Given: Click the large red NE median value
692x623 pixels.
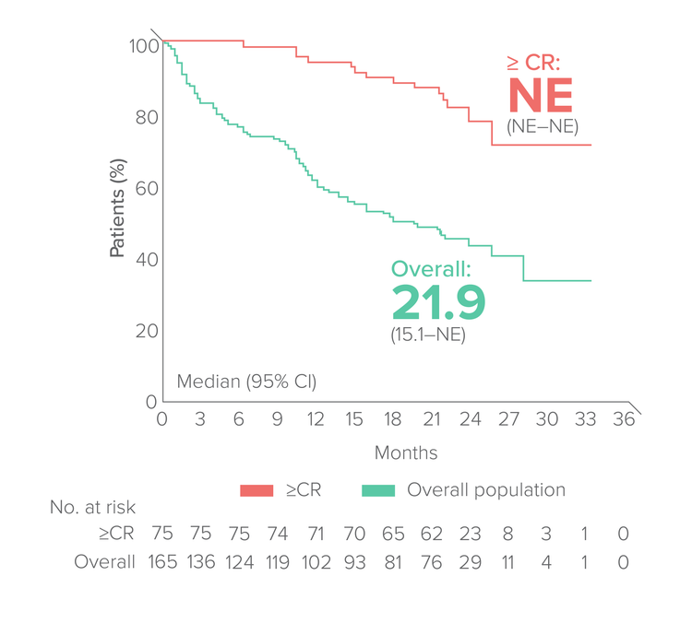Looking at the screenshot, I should click(x=541, y=96).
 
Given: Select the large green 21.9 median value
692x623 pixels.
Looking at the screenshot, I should click(x=437, y=301).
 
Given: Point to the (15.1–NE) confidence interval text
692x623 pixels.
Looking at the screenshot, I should click(x=428, y=335).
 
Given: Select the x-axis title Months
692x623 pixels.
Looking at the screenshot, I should click(x=406, y=453).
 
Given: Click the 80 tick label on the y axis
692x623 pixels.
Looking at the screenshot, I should click(x=144, y=117).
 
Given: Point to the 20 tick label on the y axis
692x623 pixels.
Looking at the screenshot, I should click(x=144, y=331).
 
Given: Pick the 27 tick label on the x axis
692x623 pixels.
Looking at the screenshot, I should click(x=509, y=419).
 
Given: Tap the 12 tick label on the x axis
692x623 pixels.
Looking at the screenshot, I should click(x=316, y=419).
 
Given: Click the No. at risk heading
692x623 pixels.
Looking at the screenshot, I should click(x=92, y=506).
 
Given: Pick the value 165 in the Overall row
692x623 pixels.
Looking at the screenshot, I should click(x=162, y=561).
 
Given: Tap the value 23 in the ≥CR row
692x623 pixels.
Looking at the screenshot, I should click(x=471, y=533).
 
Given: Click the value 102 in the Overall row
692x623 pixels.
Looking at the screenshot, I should click(x=316, y=561).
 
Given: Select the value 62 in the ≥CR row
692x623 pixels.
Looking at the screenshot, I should click(x=432, y=533).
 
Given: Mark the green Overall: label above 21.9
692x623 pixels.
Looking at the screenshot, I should click(x=431, y=268).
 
